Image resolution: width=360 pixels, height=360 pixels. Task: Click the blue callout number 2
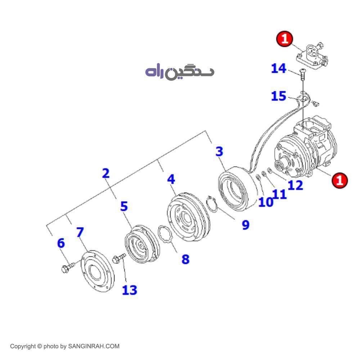coord(105,174)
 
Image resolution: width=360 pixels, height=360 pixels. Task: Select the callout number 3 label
coord(219,152)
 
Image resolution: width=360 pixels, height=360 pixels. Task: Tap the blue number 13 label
coord(130,290)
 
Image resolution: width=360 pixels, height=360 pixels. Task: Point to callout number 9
coord(245,225)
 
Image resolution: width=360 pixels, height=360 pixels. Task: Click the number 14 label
coord(278,68)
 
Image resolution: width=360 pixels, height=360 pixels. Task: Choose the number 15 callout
coord(278,96)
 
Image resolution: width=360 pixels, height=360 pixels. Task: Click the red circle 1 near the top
coord(285,39)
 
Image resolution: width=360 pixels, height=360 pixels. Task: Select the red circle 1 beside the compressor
coord(339,180)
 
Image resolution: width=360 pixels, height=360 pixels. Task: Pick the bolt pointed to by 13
coord(118,258)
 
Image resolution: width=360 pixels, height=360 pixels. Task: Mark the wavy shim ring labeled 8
coord(166,235)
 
